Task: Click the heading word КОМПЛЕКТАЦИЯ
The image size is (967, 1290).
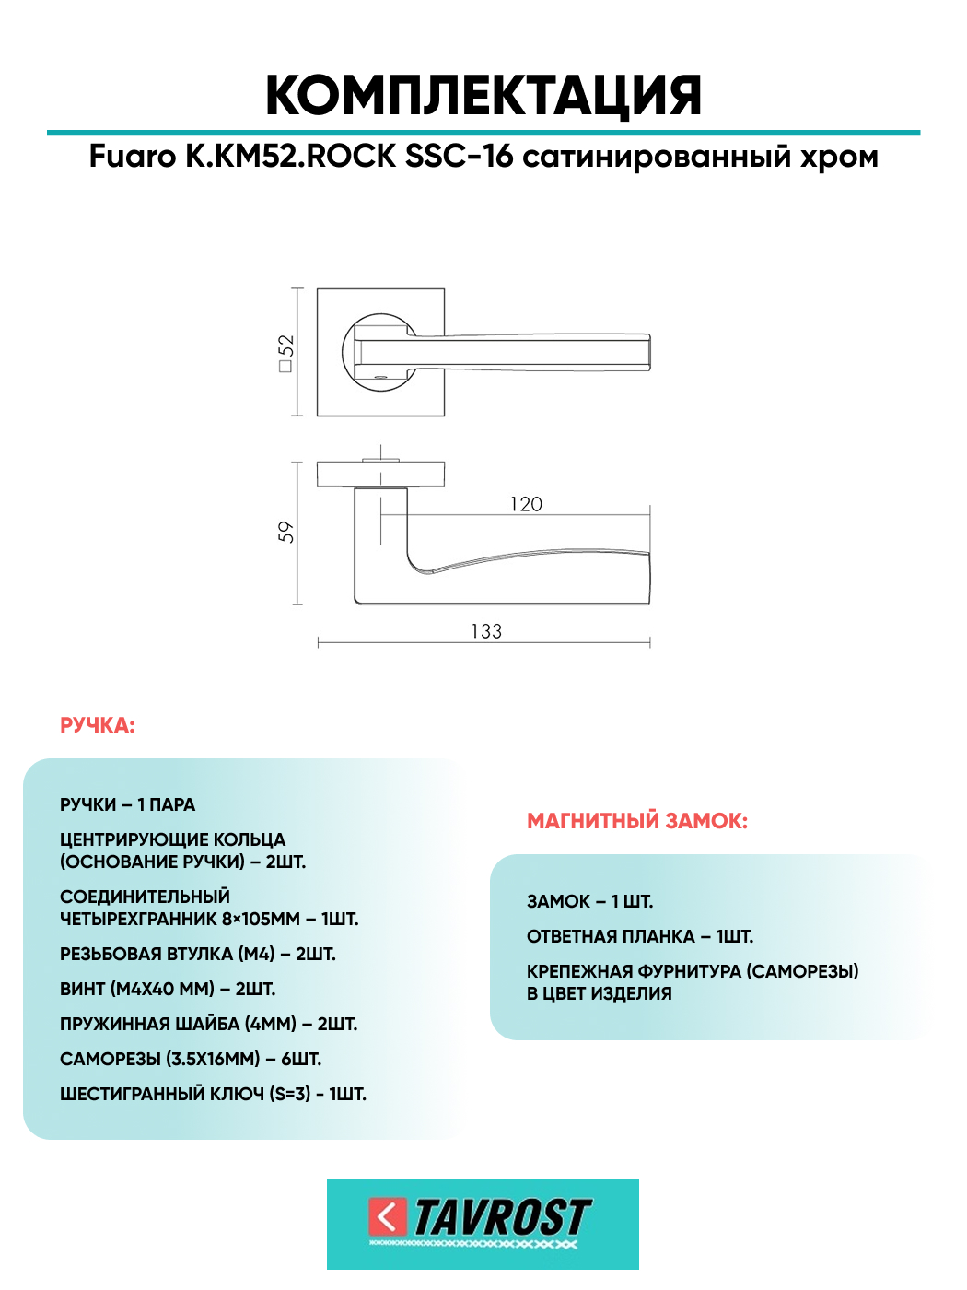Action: [x=483, y=95]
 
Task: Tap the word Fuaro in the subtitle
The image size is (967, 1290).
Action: [x=132, y=157]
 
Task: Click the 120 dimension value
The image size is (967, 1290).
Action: [x=526, y=504]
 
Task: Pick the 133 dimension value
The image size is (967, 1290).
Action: [x=486, y=631]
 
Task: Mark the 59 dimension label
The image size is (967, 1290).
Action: [x=285, y=532]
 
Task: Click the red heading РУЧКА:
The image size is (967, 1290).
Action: [x=98, y=726]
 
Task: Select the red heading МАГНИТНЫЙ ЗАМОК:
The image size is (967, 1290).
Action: [x=637, y=821]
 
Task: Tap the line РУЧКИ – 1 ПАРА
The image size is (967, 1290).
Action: [x=128, y=805]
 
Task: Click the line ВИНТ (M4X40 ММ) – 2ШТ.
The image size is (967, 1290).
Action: [x=168, y=990]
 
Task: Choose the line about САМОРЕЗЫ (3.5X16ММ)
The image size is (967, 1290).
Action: [x=191, y=1060]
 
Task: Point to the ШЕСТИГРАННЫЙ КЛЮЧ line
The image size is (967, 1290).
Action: [x=213, y=1095]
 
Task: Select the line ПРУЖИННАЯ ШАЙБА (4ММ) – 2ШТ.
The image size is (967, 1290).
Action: [x=208, y=1025]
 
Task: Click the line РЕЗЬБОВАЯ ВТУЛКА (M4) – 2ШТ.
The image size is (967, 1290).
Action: [x=198, y=955]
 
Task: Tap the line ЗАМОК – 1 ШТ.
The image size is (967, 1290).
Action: [x=589, y=902]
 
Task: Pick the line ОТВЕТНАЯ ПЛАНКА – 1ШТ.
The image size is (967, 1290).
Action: [x=640, y=937]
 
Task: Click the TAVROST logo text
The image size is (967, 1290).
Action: [x=502, y=1218]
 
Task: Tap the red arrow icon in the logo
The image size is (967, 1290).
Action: [x=387, y=1216]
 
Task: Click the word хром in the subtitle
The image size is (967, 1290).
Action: [x=839, y=157]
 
